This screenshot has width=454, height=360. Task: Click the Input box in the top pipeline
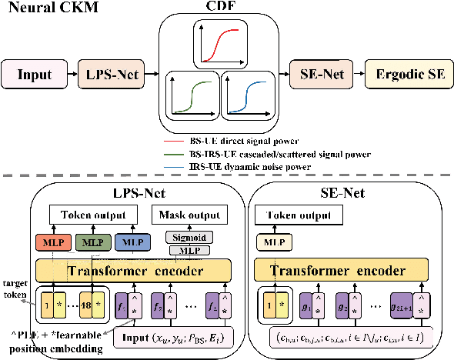point(35,75)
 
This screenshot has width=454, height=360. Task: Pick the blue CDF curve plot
point(247,94)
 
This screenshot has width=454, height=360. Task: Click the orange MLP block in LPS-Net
point(52,243)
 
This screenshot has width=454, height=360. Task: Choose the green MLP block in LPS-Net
point(91,243)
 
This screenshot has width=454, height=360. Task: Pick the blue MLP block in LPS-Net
point(129,243)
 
